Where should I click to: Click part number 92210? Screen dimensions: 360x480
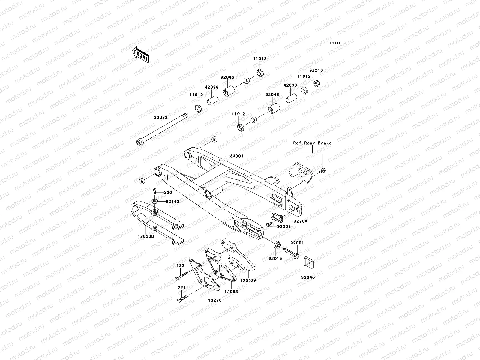[x=316, y=70]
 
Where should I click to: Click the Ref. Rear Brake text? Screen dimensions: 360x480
[x=312, y=143]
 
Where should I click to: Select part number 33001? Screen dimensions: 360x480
[x=237, y=156]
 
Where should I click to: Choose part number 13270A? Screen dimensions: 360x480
[x=299, y=221]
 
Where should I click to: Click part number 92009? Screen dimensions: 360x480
[x=284, y=226]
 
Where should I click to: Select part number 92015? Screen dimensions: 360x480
[x=275, y=258]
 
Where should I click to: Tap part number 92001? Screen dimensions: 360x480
[x=297, y=243]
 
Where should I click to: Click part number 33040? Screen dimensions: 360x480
[x=308, y=277]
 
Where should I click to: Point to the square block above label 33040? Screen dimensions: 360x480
[x=308, y=261]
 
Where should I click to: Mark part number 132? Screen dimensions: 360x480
[x=180, y=266]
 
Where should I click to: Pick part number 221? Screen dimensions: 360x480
[x=181, y=288]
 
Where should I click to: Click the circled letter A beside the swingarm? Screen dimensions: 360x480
[x=142, y=181]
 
